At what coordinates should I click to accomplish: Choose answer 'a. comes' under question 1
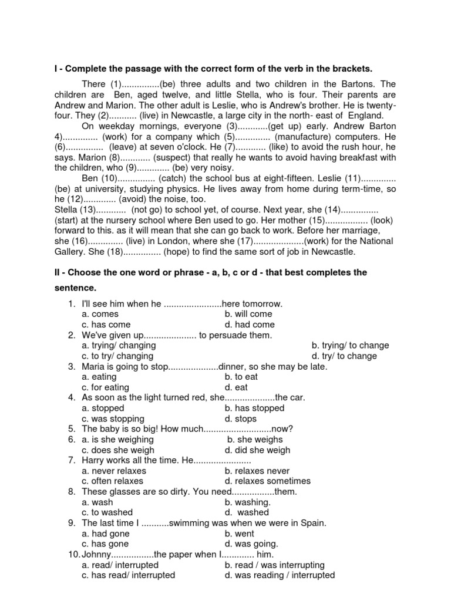[100, 314]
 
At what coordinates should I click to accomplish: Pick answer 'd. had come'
[250, 325]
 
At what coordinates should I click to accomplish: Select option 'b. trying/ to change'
[350, 346]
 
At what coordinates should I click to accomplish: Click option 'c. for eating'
[106, 387]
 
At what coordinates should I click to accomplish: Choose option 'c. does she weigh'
[118, 450]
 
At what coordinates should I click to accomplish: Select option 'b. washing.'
[247, 502]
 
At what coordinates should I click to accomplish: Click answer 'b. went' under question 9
[240, 534]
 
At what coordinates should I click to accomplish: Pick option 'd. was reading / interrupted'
[280, 575]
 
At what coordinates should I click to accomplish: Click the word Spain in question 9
[312, 523]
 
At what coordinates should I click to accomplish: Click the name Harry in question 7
[94, 460]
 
